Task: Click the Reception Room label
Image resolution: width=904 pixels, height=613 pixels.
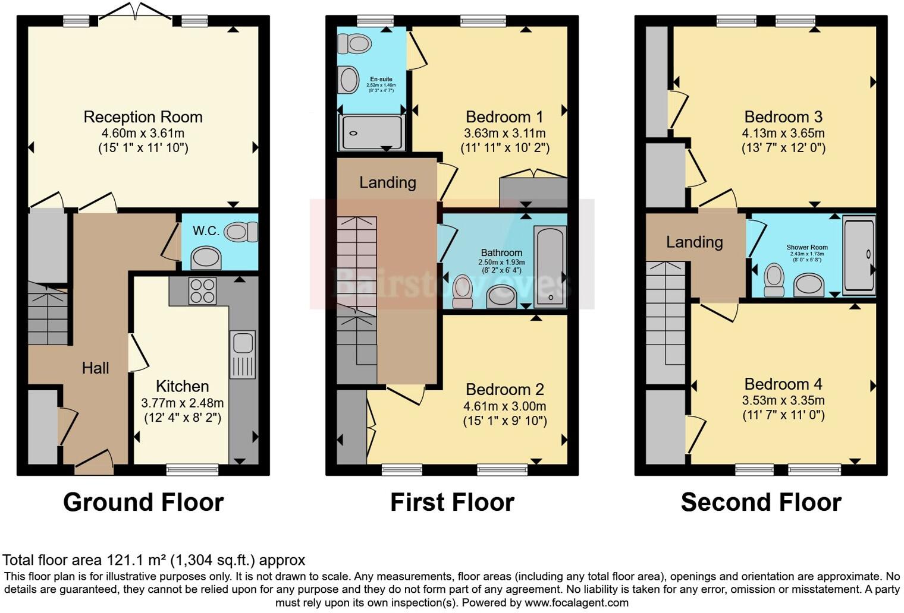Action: click(143, 117)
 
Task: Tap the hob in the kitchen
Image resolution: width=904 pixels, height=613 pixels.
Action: click(202, 291)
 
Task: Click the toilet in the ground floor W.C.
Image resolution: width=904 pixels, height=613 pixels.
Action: click(241, 232)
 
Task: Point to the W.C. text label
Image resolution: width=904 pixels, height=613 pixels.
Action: click(206, 231)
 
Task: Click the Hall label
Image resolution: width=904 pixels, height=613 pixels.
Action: click(95, 368)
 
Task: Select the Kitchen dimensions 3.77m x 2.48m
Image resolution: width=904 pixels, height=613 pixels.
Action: click(182, 403)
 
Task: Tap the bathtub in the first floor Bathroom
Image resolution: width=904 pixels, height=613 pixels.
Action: click(550, 266)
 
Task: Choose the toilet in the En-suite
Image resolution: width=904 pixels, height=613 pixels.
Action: click(353, 43)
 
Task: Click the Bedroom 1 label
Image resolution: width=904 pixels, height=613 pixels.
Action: click(504, 117)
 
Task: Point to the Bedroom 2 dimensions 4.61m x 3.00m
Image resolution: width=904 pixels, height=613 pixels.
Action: click(504, 407)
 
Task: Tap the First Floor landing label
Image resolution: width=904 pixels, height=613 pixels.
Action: click(387, 182)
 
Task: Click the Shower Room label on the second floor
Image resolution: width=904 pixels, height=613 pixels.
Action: click(806, 247)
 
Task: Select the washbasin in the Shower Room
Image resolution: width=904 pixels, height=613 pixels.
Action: click(809, 285)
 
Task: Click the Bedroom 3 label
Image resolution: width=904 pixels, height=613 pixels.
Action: click(783, 117)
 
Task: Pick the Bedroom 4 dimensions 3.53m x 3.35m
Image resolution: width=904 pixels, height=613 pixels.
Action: click(783, 400)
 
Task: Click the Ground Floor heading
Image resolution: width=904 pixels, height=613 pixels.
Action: click(143, 503)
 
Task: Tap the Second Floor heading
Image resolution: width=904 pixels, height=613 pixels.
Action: click(761, 503)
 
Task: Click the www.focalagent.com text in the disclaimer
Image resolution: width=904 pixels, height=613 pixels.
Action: click(576, 603)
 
